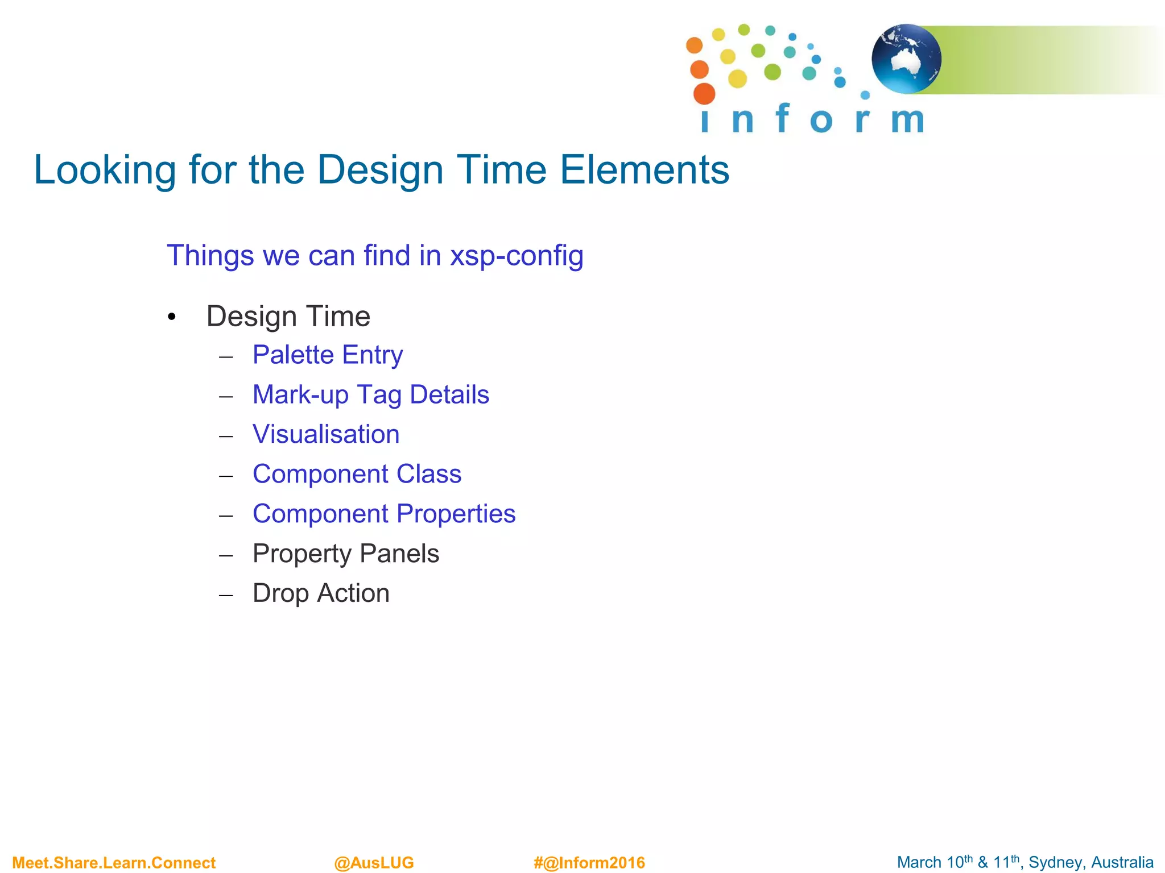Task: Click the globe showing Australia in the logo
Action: (906, 59)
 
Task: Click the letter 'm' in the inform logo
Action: (907, 120)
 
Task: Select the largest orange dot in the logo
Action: (704, 94)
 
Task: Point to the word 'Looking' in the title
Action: (105, 171)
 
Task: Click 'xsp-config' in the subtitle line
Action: (517, 255)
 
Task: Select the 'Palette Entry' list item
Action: (328, 355)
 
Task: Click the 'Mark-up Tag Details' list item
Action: (370, 394)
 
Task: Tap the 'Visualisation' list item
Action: (326, 434)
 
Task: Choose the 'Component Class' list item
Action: (357, 474)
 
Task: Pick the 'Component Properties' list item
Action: (384, 514)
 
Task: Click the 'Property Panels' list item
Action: (346, 554)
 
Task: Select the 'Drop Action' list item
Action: (321, 593)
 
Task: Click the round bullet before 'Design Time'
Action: (172, 317)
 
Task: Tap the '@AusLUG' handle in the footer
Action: (374, 863)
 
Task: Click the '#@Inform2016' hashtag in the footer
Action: (589, 863)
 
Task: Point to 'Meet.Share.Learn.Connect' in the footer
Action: (114, 863)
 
